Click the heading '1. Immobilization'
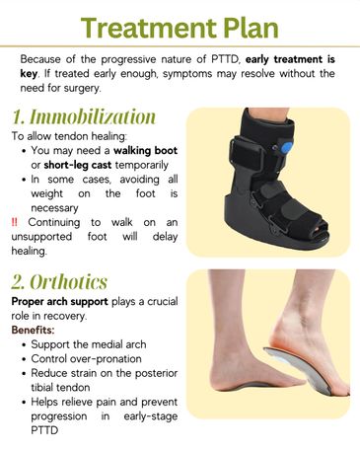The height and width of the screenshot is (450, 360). click(x=85, y=116)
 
